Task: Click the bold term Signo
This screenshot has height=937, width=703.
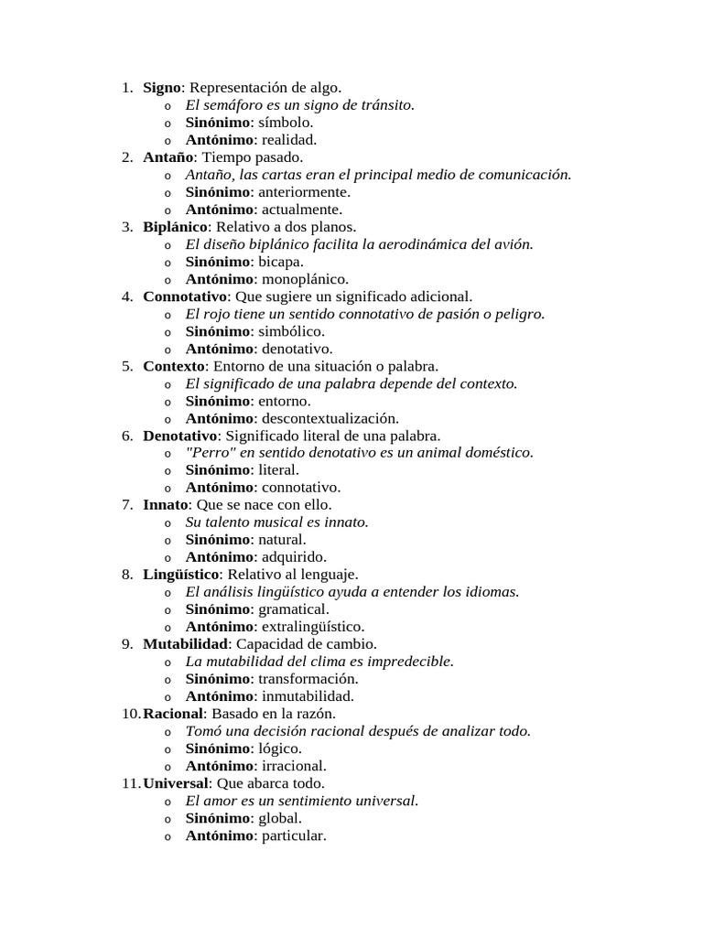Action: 162,88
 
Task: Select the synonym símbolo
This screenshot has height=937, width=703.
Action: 286,123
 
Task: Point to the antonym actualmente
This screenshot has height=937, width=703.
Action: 302,210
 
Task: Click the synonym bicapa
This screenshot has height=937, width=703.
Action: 282,262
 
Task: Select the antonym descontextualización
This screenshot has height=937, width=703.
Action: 330,418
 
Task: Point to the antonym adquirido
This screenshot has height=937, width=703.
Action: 294,557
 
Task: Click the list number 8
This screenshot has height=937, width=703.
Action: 126,575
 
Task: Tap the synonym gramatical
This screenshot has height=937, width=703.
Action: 294,609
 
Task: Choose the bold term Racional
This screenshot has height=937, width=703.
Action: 173,714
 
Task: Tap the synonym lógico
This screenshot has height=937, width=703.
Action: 280,749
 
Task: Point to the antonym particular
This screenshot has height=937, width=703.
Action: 294,835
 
